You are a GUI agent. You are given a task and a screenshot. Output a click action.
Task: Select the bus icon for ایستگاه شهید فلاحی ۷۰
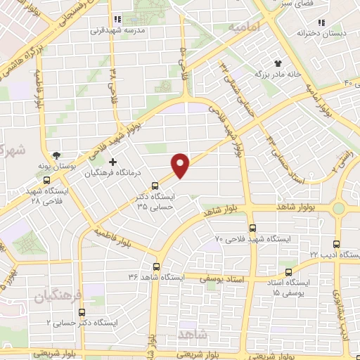click(253, 227)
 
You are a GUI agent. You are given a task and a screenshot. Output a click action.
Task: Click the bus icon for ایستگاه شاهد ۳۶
click(155, 266)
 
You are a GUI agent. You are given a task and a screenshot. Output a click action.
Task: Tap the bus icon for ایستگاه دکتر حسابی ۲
click(82, 311)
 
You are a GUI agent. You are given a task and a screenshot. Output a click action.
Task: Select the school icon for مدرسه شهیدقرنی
click(117, 20)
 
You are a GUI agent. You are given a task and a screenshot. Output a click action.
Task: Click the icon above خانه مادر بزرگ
click(278, 63)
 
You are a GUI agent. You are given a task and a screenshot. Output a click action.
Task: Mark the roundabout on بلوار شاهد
click(340, 208)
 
